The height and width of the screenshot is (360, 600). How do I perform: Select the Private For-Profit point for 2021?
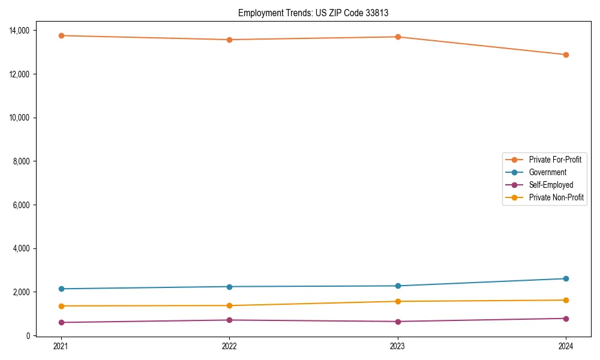(61, 35)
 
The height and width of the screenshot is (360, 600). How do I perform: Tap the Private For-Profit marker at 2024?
(566, 55)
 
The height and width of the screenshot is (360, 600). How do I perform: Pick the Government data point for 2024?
(566, 278)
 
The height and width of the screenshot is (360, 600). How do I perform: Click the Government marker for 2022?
(229, 286)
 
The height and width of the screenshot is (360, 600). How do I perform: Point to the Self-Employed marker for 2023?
(398, 322)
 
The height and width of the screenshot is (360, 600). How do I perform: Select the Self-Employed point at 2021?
(61, 322)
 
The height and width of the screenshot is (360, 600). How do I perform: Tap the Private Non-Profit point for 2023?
(398, 301)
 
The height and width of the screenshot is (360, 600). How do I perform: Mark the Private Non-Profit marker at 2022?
(229, 305)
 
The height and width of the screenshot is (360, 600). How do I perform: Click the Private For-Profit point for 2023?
(398, 37)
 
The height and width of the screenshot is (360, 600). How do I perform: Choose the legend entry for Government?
(547, 172)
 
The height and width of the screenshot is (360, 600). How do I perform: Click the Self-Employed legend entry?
(551, 185)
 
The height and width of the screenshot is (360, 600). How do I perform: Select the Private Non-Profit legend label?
(556, 197)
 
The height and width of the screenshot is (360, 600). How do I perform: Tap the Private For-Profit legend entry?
(555, 160)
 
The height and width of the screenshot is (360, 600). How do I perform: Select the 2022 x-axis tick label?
(229, 346)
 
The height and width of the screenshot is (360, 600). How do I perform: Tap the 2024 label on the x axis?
(566, 346)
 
